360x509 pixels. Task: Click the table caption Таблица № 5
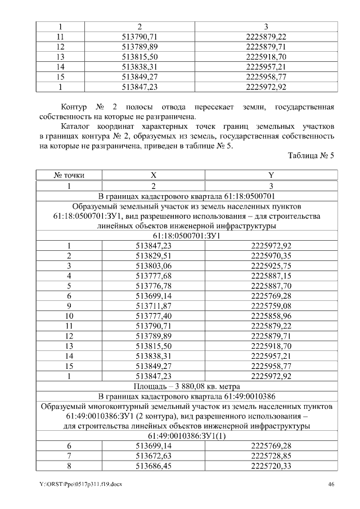click(310, 156)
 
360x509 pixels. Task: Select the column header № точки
click(69, 175)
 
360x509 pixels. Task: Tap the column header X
click(153, 175)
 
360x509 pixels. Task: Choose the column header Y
click(271, 175)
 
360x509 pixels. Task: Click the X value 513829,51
click(153, 255)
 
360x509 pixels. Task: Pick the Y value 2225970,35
click(271, 255)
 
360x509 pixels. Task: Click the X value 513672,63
click(153, 456)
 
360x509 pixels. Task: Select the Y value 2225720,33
click(271, 466)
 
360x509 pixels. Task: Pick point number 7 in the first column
click(69, 456)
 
